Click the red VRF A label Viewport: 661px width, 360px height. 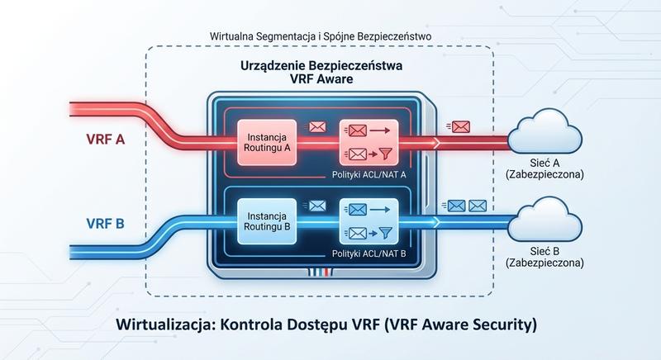click(x=105, y=140)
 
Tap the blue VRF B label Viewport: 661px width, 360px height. click(x=105, y=223)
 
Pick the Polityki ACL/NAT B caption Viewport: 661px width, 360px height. click(x=364, y=255)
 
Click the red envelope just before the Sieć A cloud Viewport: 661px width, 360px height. click(x=460, y=126)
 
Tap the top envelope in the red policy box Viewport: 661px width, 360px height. click(x=356, y=130)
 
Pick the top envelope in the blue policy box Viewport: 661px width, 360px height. click(x=356, y=210)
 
